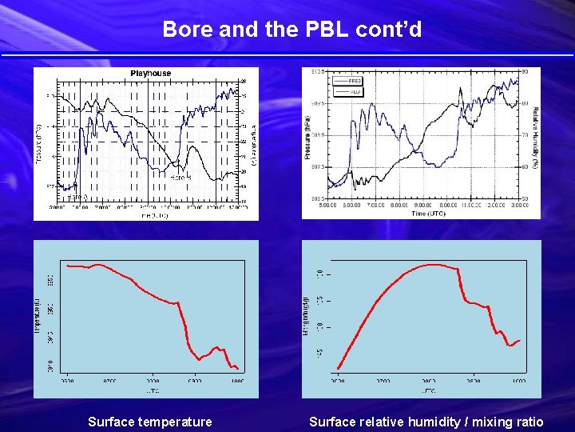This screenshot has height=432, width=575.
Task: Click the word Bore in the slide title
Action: point(183,30)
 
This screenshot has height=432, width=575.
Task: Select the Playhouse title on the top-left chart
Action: point(151,74)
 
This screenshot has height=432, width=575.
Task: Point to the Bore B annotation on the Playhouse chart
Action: point(180,176)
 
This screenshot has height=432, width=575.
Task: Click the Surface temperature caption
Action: point(150,422)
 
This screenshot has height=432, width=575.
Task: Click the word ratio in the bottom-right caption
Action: point(527,422)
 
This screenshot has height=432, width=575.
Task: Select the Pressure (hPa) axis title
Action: point(307,136)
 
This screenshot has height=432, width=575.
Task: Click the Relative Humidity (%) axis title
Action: point(535,136)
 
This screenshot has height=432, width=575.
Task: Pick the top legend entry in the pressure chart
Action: point(348,81)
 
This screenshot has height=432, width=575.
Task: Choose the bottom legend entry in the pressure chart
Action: point(348,90)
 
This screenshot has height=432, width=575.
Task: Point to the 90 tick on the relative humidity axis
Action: point(525,72)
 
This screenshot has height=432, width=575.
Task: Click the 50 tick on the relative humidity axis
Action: point(525,198)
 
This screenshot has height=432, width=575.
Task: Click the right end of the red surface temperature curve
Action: point(238,369)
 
